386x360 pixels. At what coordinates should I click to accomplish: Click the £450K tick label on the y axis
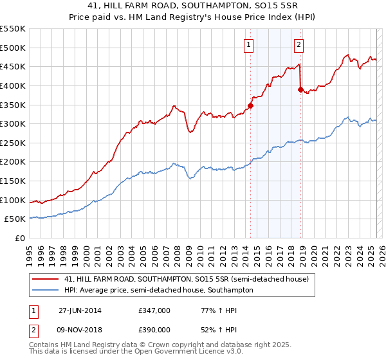click(x=13, y=66)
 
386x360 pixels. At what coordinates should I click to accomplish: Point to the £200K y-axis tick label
click(x=13, y=161)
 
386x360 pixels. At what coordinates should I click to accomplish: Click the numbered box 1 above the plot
click(x=248, y=44)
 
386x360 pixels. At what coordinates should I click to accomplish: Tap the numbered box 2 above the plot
click(x=299, y=44)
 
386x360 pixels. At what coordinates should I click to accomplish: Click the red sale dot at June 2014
click(x=250, y=106)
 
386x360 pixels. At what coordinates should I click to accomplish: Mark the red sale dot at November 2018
click(x=300, y=89)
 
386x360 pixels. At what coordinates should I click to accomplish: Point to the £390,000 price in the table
click(x=154, y=329)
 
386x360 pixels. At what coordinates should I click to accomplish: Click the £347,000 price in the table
click(x=154, y=310)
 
